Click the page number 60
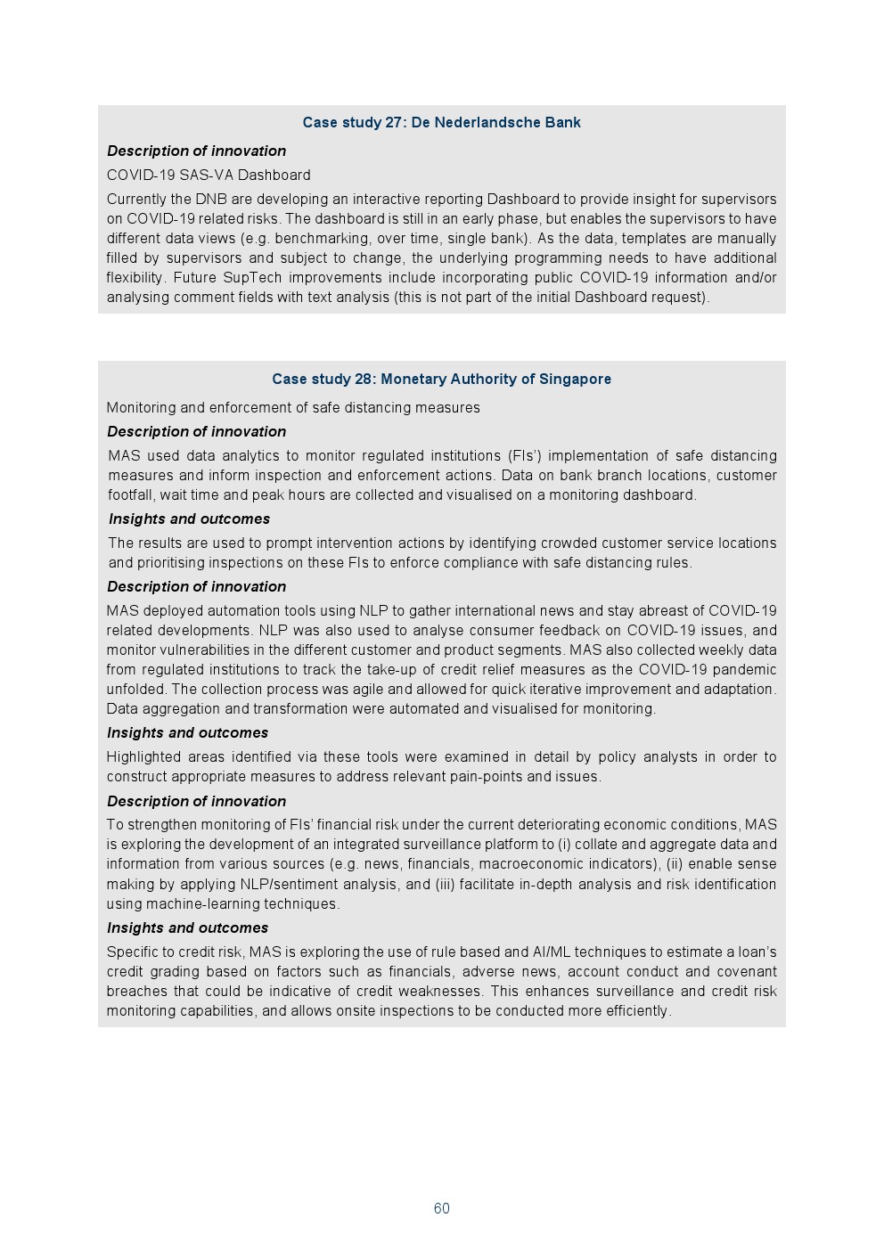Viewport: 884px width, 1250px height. pos(441,1208)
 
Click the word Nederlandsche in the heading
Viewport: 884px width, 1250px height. pos(482,123)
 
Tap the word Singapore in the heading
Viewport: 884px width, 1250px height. pos(575,380)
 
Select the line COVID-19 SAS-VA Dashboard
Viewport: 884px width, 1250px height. pos(209,176)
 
